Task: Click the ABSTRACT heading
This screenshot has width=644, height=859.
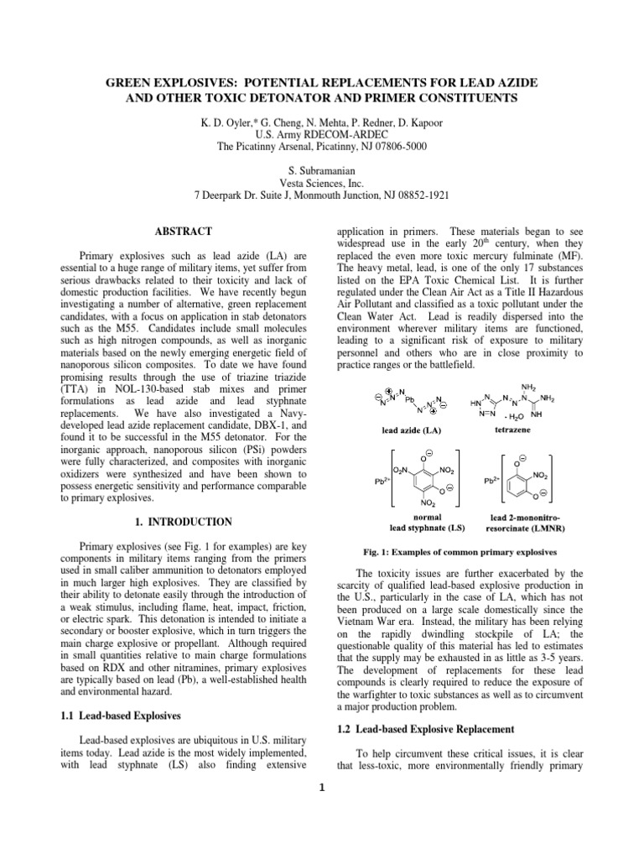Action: pos(182,231)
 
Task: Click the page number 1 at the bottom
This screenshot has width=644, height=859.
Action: pos(322,787)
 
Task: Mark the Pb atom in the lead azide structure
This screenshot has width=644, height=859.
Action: pos(410,399)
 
